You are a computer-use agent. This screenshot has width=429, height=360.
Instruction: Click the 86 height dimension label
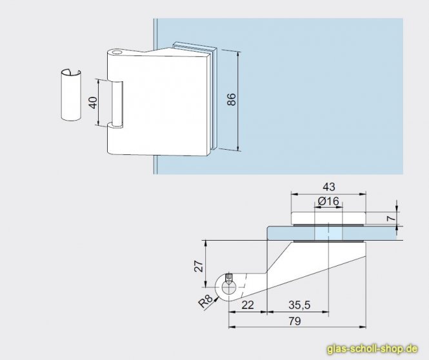click(232, 99)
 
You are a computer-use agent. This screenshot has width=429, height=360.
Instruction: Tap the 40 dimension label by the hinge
click(94, 103)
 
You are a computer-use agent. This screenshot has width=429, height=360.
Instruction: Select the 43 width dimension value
click(328, 187)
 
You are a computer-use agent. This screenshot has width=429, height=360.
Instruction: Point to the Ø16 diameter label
click(328, 201)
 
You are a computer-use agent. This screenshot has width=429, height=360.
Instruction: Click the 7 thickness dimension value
click(392, 218)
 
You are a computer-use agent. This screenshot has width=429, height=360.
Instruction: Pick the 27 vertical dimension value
click(199, 266)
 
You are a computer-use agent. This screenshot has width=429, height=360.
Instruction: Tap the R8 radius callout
click(205, 301)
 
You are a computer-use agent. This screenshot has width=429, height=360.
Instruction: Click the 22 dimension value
click(248, 305)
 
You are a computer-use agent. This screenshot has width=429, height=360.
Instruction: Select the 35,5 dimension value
click(299, 305)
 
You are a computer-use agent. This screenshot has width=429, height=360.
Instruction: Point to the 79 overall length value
click(295, 321)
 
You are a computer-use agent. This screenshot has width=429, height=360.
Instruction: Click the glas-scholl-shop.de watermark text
click(372, 349)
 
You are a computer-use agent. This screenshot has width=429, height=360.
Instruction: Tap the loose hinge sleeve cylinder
click(71, 95)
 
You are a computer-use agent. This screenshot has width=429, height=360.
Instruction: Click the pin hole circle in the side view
click(228, 287)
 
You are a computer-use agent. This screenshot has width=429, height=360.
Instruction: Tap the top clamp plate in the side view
click(328, 218)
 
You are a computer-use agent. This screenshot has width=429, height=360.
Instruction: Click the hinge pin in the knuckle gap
click(117, 104)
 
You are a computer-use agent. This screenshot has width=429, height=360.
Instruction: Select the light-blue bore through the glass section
click(328, 233)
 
